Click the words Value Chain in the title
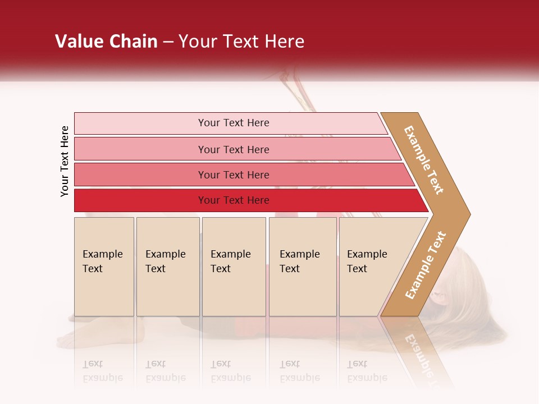[106, 42]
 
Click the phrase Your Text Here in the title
[241, 42]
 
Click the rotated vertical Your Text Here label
[65, 161]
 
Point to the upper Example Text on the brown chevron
[424, 160]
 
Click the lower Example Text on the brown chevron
[425, 265]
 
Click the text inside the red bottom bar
[234, 200]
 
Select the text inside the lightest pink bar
[234, 123]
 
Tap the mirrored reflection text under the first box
[102, 371]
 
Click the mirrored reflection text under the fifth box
[367, 371]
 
